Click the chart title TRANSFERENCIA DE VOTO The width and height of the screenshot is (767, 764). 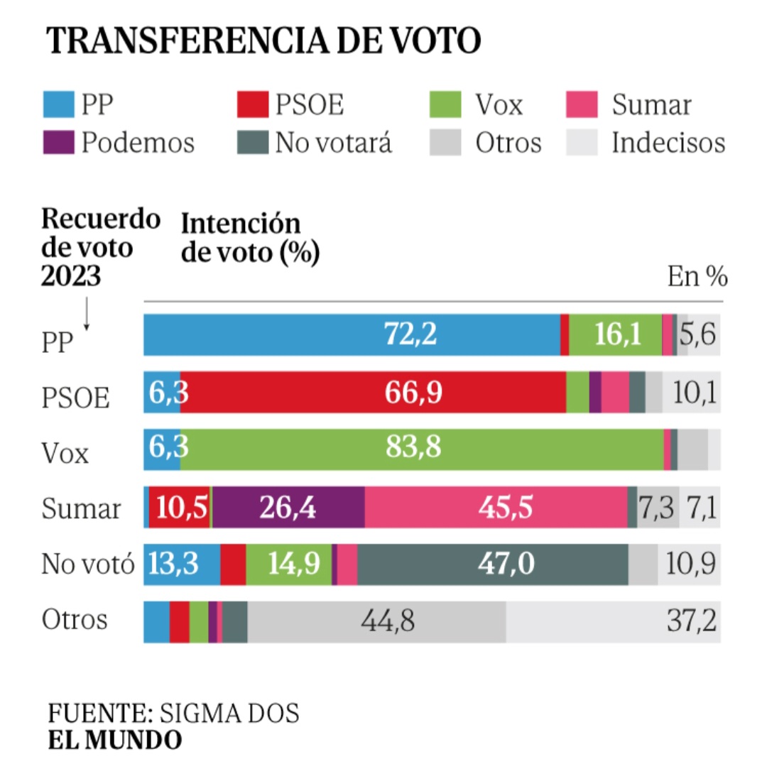[263, 42]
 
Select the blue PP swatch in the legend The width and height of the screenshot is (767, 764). [58, 104]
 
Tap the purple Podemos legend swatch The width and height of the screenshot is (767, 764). [58, 143]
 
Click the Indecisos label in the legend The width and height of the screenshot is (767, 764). [668, 143]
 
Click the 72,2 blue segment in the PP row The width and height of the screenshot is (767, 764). [352, 334]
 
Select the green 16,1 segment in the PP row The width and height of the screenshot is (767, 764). [615, 334]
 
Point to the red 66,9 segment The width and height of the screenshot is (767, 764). [373, 391]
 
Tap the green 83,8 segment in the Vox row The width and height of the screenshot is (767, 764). [422, 449]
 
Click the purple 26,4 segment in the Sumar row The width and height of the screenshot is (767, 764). [289, 507]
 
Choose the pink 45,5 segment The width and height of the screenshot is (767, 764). [496, 507]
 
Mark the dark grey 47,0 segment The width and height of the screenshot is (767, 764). [493, 565]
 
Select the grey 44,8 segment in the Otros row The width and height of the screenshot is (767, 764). [377, 622]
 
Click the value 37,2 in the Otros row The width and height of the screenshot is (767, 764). [690, 622]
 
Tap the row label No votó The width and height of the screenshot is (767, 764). [87, 565]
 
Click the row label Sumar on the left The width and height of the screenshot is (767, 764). [81, 508]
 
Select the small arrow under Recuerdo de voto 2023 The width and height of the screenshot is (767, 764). [87, 314]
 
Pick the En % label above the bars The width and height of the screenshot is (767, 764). [697, 277]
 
